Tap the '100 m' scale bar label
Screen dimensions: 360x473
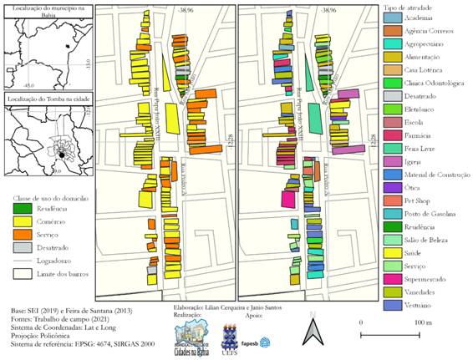[425, 322]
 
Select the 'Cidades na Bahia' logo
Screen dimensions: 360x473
[191, 337]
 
